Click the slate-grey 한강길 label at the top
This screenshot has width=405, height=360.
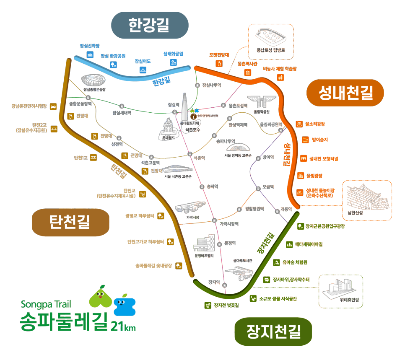[149, 25]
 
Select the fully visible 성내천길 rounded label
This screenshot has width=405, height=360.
[345, 92]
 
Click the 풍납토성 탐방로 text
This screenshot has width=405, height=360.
[271, 50]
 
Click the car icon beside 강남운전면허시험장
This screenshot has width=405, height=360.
[53, 106]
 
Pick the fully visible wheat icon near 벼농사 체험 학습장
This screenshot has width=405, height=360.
[279, 78]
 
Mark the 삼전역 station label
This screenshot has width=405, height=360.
[117, 144]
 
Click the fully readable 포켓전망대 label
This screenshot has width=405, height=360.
[219, 55]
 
